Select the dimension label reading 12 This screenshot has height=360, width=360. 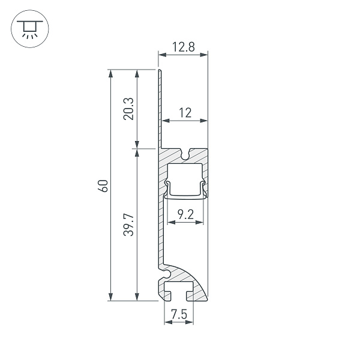pos(185,112)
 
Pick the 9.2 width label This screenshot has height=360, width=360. pos(185,213)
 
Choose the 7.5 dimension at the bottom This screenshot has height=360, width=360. pos(178,314)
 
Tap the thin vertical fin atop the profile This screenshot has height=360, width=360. pos(160,108)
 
